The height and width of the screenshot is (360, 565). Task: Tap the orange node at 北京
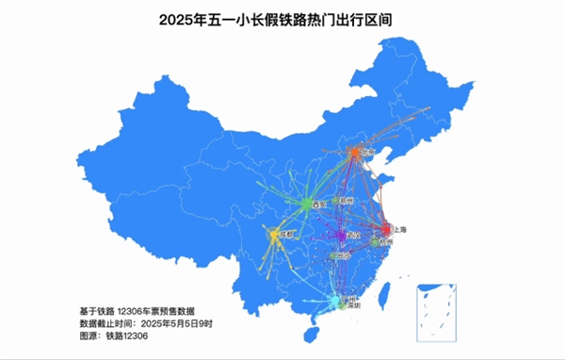[x=355, y=152]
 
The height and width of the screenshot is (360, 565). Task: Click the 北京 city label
[x=368, y=151]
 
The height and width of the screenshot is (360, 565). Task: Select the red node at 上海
[x=385, y=229]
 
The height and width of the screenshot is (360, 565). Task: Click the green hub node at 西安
[x=308, y=204]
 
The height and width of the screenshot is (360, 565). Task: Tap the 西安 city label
[x=320, y=203]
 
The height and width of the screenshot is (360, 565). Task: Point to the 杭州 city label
[x=386, y=242]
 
